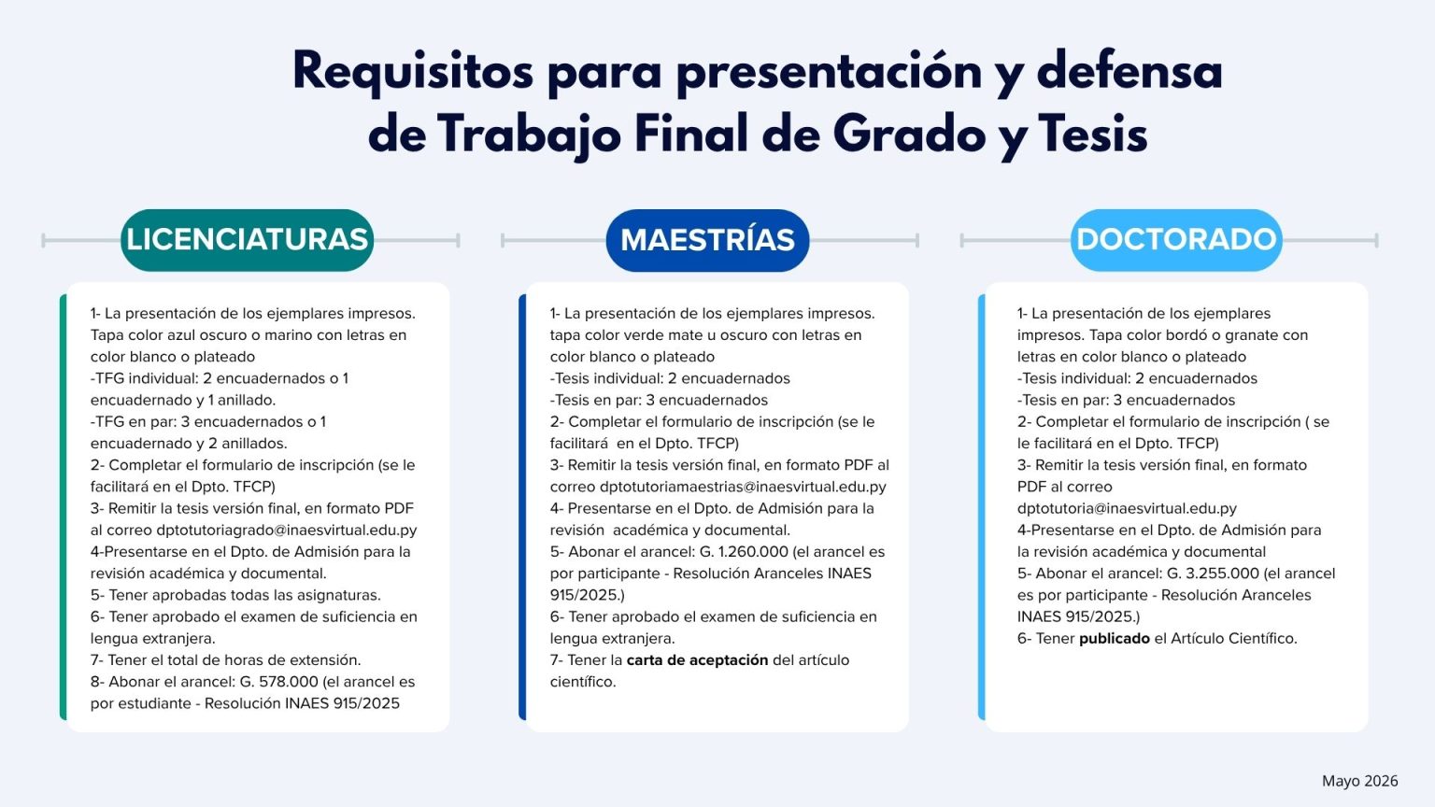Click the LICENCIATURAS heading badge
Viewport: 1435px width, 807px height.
[x=248, y=240]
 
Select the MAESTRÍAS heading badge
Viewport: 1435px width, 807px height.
[x=707, y=240]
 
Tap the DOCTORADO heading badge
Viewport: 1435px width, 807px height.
[x=1176, y=240]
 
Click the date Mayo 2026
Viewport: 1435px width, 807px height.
[x=1360, y=781]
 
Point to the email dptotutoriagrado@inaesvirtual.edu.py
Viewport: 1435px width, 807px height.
[x=287, y=531]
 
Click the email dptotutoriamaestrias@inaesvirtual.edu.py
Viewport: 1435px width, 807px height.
[x=743, y=487]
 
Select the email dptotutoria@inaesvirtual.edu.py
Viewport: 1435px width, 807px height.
[x=1127, y=508]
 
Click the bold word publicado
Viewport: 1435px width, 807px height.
[x=1115, y=639]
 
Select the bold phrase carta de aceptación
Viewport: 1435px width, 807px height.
[x=697, y=660]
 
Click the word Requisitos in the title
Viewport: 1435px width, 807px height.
[x=413, y=72]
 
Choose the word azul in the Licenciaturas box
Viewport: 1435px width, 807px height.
[x=183, y=335]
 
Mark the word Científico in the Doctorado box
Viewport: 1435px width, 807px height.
[x=1263, y=639]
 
